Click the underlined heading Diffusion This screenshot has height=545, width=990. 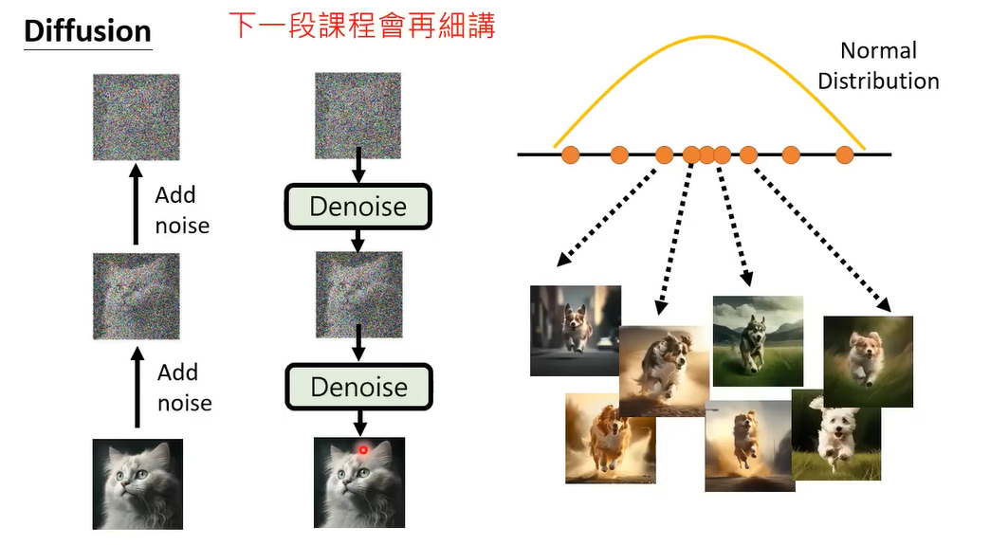[87, 30]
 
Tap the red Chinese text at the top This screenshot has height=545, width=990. [362, 26]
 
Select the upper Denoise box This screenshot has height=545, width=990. [358, 207]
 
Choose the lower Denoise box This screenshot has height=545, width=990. [358, 387]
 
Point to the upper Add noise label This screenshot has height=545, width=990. [180, 210]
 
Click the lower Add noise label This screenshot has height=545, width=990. [183, 388]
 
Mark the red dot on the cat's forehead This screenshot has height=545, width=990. [362, 449]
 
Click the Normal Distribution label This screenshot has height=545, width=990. [878, 65]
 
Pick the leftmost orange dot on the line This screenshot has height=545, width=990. [570, 154]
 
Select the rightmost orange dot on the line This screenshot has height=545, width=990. [845, 154]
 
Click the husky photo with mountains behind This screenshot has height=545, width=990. [758, 340]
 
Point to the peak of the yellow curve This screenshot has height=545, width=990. [706, 37]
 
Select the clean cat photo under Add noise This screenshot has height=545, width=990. [137, 483]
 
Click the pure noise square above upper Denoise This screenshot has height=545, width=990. [358, 114]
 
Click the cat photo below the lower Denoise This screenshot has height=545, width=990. [358, 482]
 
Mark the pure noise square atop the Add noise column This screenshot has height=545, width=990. [137, 117]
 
